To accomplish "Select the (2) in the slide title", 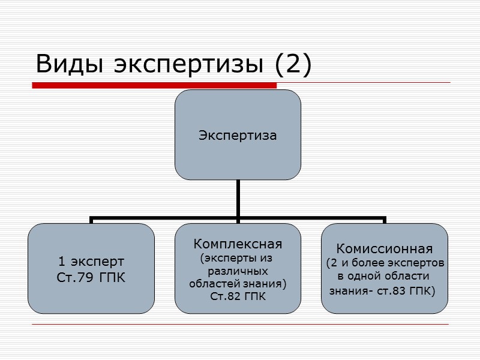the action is (294, 65).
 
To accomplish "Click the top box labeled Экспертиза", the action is (238, 135).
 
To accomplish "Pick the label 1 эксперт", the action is (91, 262).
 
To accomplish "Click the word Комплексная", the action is (238, 244).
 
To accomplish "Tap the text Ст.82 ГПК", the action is (238, 296).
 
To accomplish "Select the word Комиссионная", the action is (384, 248).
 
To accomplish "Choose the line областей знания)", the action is (238, 283).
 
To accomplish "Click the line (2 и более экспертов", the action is (385, 263).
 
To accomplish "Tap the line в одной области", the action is (383, 277).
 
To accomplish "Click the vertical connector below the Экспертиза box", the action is (238, 198).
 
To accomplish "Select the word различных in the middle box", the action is (238, 271).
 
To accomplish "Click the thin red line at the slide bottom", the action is (240, 325).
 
